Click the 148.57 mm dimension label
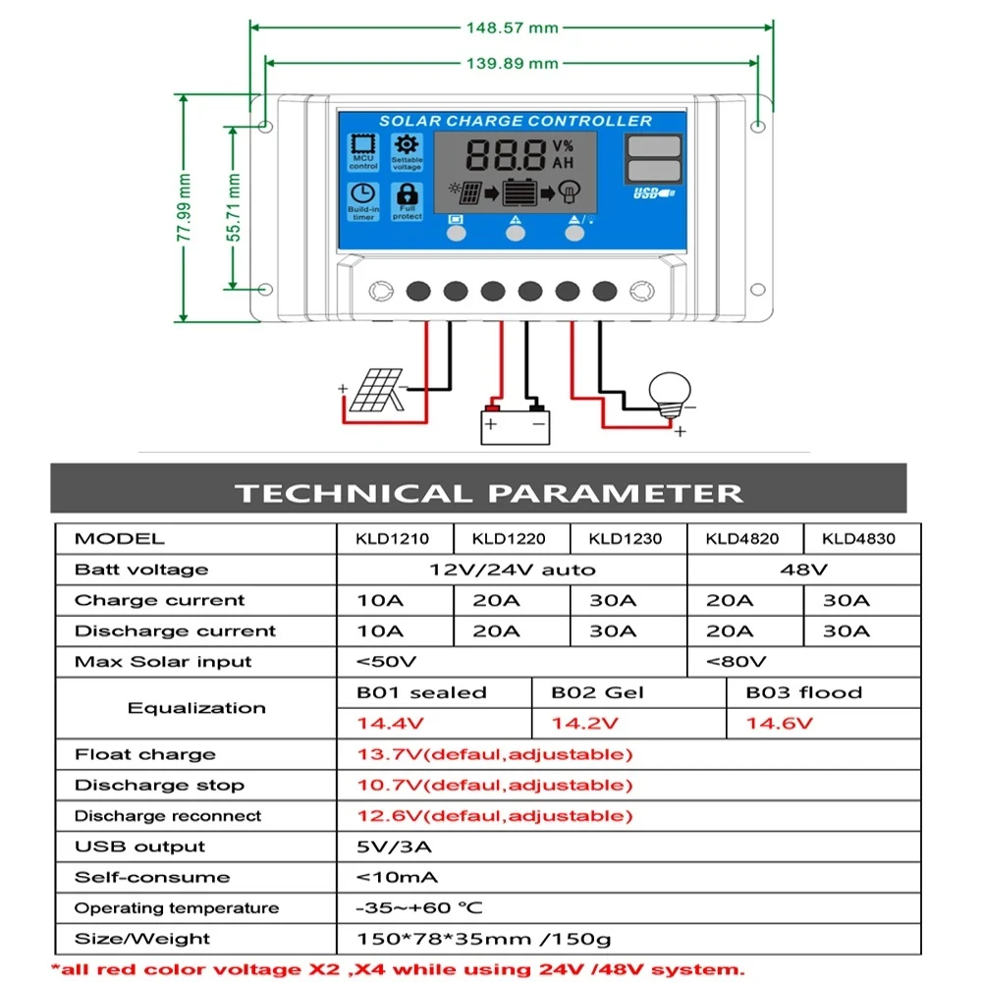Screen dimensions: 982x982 click(x=511, y=27)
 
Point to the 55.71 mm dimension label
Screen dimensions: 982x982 click(x=233, y=207)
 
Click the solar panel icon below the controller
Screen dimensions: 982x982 click(x=371, y=391)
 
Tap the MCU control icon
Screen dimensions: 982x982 click(x=363, y=150)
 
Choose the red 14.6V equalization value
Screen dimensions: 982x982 click(x=779, y=724)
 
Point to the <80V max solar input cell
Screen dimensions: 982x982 click(x=736, y=662)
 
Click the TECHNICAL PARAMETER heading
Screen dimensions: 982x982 click(x=488, y=492)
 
